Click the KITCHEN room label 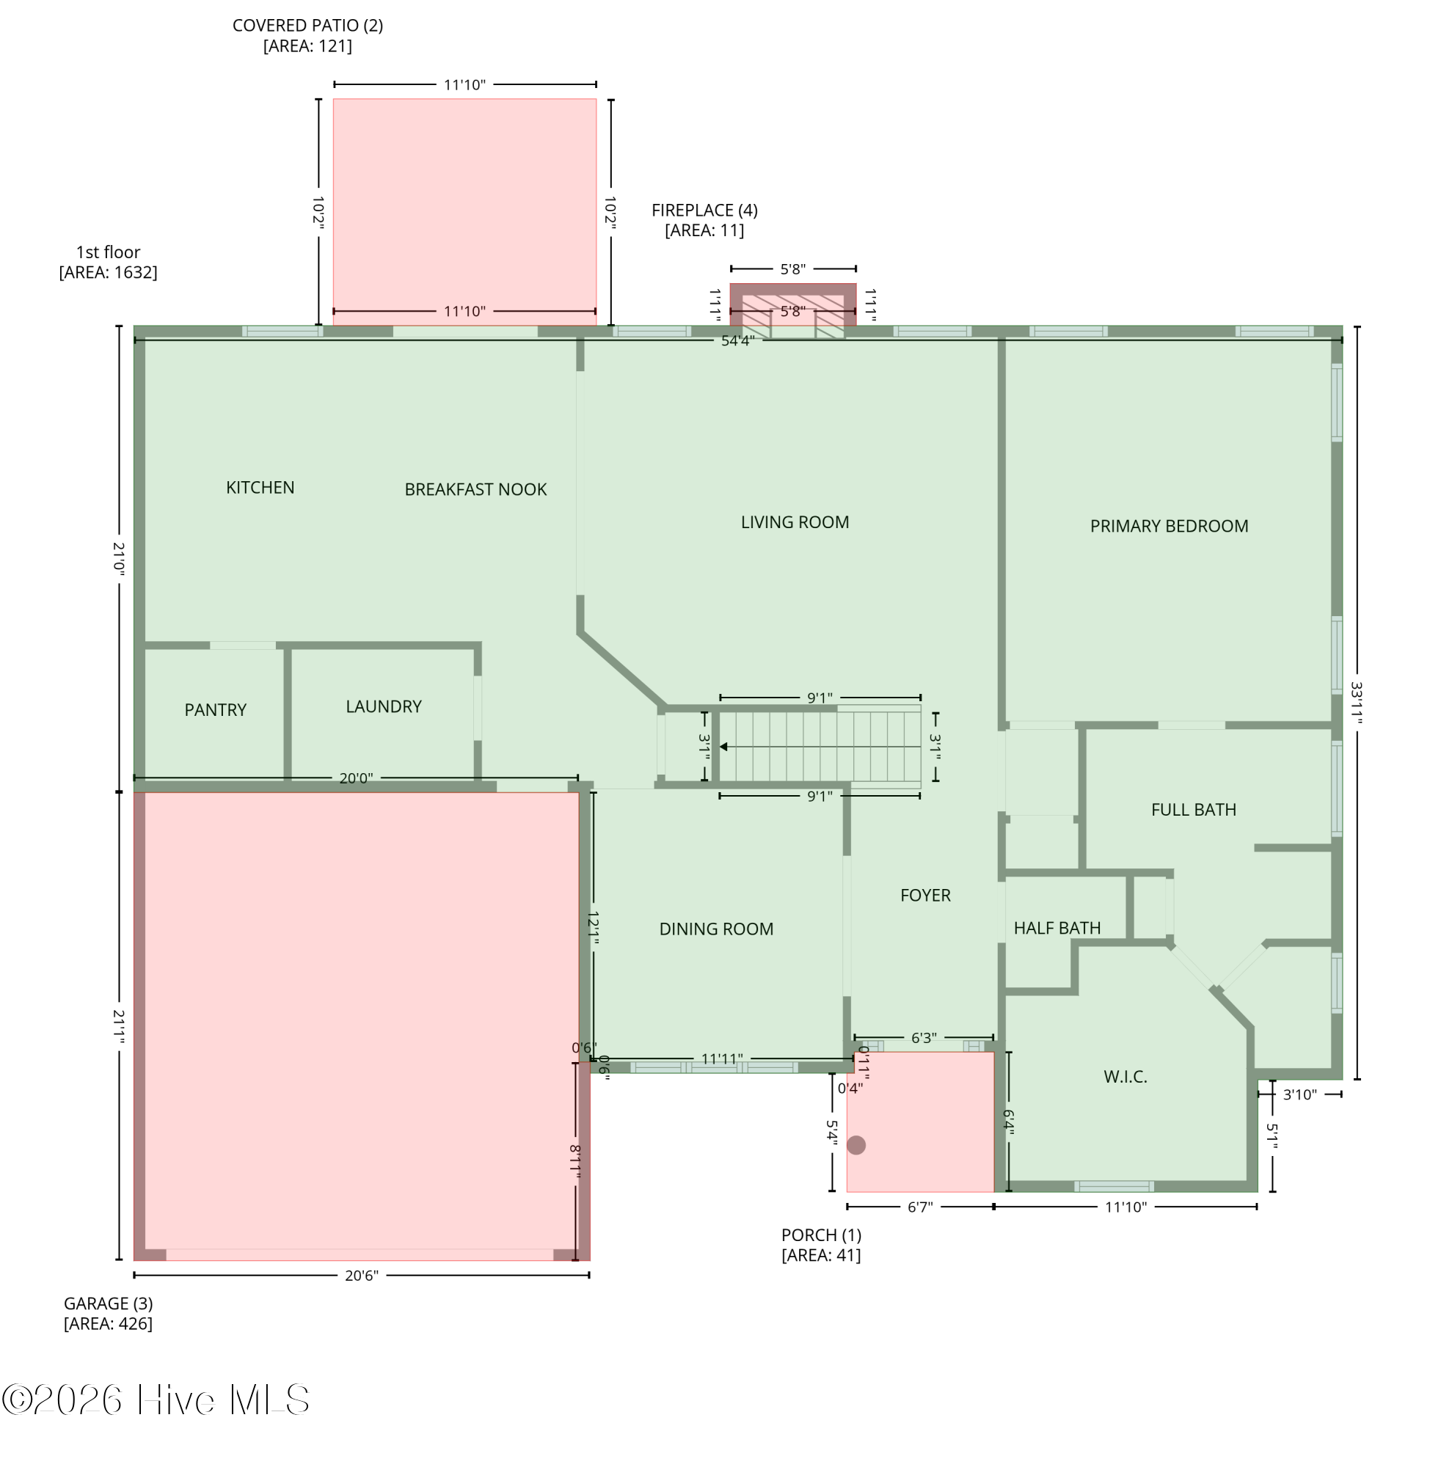tap(260, 488)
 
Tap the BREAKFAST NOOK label tap(475, 490)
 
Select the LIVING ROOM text tap(795, 522)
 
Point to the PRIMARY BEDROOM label tap(1169, 526)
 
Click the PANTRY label tap(216, 710)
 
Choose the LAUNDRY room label tap(384, 707)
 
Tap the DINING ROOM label tap(716, 929)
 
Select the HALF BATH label tap(1057, 929)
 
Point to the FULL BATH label tap(1193, 811)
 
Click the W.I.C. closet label tap(1125, 1077)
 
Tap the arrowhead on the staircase tap(723, 747)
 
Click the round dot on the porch tap(855, 1145)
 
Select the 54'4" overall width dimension tap(737, 341)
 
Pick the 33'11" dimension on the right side tap(1357, 703)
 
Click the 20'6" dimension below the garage tap(362, 1276)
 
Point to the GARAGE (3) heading tap(108, 1303)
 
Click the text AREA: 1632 tap(109, 273)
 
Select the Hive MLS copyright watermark tap(156, 1400)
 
